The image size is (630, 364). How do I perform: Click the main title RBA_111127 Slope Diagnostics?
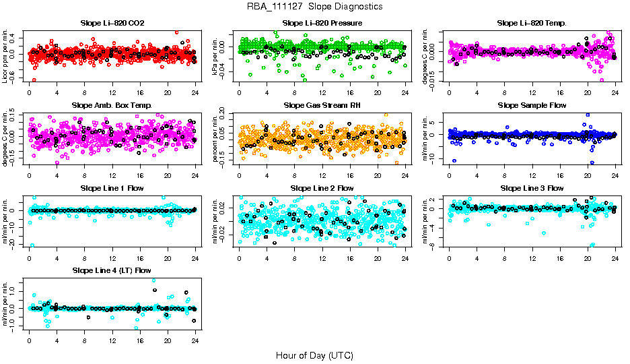tap(315, 7)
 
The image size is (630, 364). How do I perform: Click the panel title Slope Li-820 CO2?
tap(112, 24)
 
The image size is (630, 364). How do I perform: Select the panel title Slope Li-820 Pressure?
tap(322, 24)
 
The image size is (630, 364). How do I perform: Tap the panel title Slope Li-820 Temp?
tap(532, 24)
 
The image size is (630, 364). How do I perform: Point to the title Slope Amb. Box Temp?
tap(112, 106)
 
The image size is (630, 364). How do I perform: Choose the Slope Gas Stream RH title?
tap(322, 106)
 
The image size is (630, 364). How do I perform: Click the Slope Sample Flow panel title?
tap(532, 106)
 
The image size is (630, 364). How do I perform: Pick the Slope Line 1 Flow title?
tap(112, 188)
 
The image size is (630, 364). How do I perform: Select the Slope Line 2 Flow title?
tap(322, 188)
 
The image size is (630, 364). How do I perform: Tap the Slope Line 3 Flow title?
tap(532, 188)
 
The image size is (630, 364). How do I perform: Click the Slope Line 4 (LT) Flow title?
tap(112, 270)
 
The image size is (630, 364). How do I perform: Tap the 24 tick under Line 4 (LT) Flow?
tap(195, 340)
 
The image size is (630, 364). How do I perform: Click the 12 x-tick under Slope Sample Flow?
tap(532, 175)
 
